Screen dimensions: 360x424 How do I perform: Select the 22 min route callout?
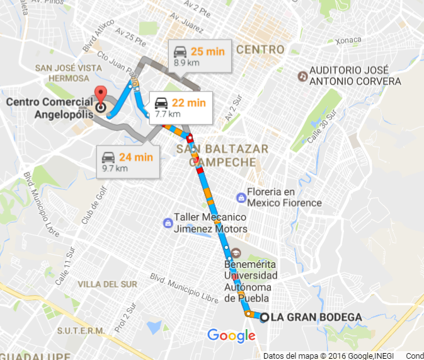[181, 107]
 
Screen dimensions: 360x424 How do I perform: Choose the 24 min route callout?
[128, 162]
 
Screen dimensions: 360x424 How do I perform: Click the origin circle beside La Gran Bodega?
[264, 317]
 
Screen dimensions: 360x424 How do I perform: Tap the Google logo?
[231, 335]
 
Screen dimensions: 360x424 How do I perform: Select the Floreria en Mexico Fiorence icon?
[241, 197]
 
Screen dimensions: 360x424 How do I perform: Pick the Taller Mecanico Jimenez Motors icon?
[168, 223]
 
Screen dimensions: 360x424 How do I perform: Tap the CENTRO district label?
[260, 50]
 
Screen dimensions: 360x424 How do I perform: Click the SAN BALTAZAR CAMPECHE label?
[222, 155]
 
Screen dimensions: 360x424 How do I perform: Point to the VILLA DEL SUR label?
[110, 284]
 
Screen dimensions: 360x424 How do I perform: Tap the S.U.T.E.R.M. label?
[81, 331]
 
